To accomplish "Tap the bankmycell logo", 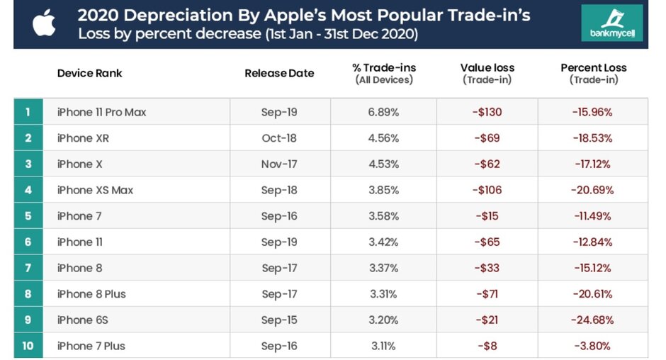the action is click(611, 23).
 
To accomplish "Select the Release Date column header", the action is click(279, 73).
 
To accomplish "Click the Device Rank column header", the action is click(89, 73).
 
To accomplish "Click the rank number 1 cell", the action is click(28, 112).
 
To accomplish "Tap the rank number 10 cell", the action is click(28, 346).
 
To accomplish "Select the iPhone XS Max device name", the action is click(95, 190).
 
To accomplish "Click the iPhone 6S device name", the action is click(83, 320).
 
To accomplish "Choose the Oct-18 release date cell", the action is click(279, 138).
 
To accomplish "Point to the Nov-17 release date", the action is click(279, 164).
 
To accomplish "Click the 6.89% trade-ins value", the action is click(383, 112).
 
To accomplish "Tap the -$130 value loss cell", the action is click(487, 112).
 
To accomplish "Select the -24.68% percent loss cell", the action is click(592, 320).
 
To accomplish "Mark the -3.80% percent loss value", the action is click(592, 346).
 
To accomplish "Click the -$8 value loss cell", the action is click(487, 346).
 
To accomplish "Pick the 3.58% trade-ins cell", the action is click(383, 216).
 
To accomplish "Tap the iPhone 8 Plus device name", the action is click(91, 293).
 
